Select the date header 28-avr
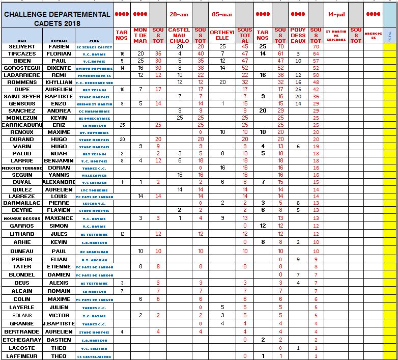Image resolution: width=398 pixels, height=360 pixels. (179, 14)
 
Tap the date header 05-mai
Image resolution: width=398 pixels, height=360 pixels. (222, 14)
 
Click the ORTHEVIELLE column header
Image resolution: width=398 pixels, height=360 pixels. (222, 34)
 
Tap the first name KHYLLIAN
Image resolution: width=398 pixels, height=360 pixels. (59, 82)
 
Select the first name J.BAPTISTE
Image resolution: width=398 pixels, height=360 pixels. (59, 323)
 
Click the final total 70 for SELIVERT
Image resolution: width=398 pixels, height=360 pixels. (316, 46)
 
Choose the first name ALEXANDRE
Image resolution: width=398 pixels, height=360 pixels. (59, 182)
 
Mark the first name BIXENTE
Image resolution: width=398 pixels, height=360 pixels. (59, 68)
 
